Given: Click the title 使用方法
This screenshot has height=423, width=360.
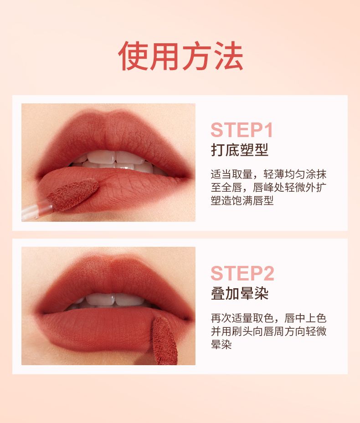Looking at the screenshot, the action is coord(180,56).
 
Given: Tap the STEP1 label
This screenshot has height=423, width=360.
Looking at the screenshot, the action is coord(242,130).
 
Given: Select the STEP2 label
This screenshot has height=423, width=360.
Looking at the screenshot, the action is coord(242,273).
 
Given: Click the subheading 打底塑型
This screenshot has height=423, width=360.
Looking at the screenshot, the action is coord(239,150).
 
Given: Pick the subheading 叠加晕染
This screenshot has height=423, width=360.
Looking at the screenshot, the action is coord(239,293).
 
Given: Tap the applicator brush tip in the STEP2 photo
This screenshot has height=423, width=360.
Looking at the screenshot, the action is coord(164,341).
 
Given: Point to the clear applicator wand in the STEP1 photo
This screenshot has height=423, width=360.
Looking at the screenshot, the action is coord(37,210).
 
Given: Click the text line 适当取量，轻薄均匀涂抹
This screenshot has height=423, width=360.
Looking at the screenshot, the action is coord(268,174).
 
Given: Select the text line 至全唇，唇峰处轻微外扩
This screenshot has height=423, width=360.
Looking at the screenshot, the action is coord(268,187).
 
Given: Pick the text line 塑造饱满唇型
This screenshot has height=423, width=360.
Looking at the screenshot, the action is coord(242,200).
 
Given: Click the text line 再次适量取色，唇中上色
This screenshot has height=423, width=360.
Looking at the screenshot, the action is coord(268,318).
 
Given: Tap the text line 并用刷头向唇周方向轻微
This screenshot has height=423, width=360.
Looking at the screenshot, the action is coord(268,331).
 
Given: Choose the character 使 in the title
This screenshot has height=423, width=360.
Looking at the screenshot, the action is coord(132,56).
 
